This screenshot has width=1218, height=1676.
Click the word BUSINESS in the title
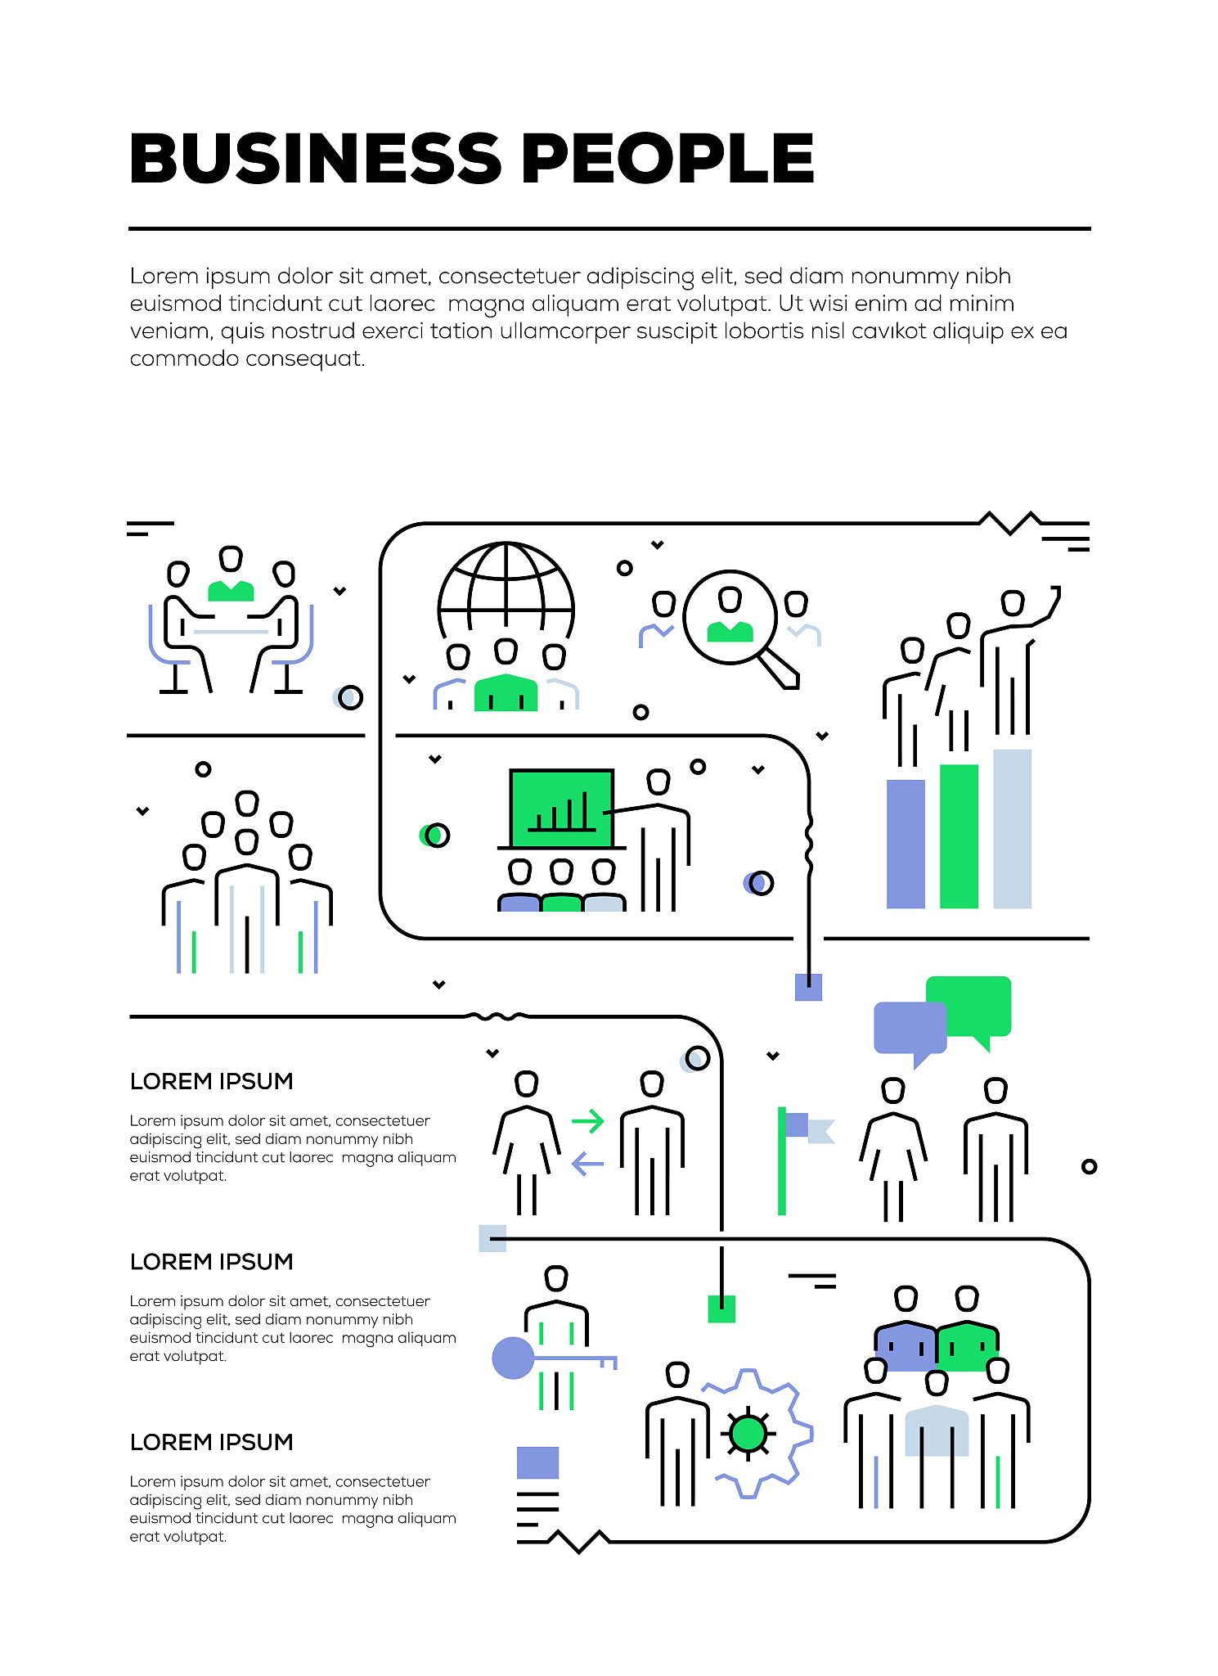(x=315, y=159)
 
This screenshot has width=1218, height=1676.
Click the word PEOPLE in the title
(x=667, y=159)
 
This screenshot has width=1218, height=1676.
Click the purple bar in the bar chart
(x=906, y=844)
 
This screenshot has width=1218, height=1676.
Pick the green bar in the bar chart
(x=959, y=836)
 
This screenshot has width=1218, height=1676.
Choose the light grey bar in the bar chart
(x=1012, y=828)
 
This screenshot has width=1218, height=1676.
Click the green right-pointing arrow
(x=588, y=1120)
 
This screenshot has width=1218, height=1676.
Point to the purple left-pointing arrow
(x=587, y=1163)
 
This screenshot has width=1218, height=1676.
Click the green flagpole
(x=782, y=1161)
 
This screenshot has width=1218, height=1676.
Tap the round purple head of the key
(x=513, y=1358)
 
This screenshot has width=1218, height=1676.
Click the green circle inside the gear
(x=748, y=1433)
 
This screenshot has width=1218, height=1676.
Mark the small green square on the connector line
(x=721, y=1309)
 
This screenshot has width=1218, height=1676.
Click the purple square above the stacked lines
(x=537, y=1462)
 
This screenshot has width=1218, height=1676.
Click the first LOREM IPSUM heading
(x=211, y=1081)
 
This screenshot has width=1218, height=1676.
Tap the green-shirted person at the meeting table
(x=231, y=590)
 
